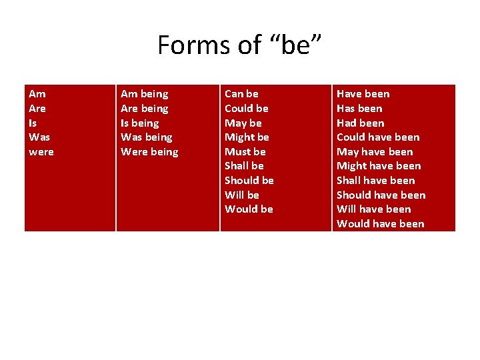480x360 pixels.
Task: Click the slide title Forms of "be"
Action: (239, 45)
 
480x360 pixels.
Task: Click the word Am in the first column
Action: (37, 94)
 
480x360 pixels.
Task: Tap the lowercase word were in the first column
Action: (41, 152)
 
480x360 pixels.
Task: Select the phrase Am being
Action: (144, 94)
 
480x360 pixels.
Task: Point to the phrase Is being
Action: (139, 123)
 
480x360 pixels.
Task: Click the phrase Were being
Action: (149, 152)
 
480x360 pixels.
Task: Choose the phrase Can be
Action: (241, 94)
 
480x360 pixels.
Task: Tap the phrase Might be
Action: (247, 137)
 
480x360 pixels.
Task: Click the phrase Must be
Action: (245, 152)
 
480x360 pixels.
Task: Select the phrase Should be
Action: (249, 181)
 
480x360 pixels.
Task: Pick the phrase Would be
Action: (249, 209)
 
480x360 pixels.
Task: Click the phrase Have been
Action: (363, 94)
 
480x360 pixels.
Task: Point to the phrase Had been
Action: (360, 123)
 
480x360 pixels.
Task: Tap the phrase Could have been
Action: (378, 137)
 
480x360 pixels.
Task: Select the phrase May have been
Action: (375, 152)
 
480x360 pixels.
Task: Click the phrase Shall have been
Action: (375, 181)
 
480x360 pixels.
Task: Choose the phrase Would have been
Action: (380, 224)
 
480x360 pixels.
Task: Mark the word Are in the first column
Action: (37, 109)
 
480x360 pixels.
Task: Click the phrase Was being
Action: (146, 137)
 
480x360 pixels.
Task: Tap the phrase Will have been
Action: (374, 209)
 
